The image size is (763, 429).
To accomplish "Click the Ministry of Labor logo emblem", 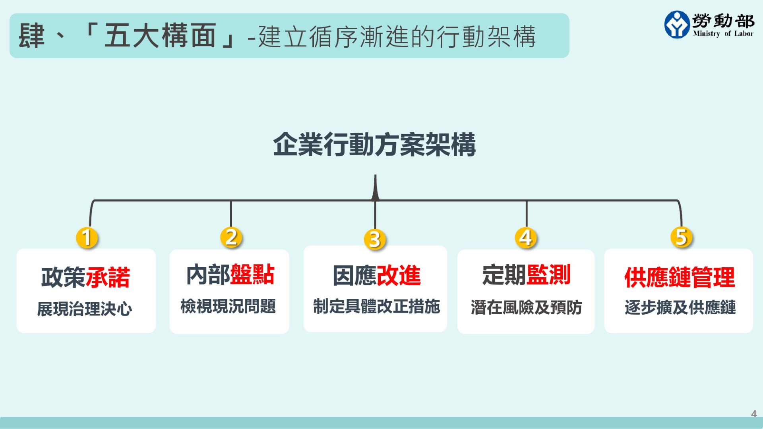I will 677,25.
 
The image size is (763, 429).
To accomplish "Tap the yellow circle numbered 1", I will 87,238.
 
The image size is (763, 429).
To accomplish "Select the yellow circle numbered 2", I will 231,237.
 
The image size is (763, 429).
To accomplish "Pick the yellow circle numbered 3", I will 375,239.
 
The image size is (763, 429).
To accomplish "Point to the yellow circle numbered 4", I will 526,238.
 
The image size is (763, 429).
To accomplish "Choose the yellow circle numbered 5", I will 681,237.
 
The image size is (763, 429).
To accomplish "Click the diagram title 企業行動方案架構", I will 374,145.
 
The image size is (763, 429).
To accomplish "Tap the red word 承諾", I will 108,277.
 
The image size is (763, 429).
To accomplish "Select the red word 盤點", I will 252,274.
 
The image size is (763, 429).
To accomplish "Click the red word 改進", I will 399,275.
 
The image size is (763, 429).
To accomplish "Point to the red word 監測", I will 548,274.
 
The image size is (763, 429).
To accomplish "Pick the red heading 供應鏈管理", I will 680,277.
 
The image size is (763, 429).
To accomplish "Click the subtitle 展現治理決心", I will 85,309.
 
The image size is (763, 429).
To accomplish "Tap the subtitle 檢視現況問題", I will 228,306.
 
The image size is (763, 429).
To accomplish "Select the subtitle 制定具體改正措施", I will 376,306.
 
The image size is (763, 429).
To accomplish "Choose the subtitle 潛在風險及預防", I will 527,307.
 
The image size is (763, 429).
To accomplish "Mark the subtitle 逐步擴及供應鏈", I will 680,307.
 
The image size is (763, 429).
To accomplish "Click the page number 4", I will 754,414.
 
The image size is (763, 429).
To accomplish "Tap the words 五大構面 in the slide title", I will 160,36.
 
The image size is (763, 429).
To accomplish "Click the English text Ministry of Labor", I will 723,34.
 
